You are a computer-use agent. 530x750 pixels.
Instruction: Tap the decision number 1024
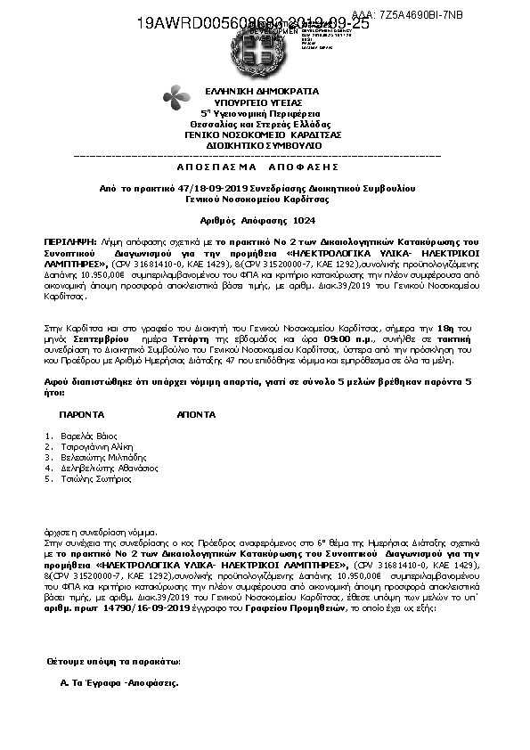(x=304, y=219)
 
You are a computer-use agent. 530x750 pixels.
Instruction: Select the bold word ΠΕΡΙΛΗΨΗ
(x=69, y=241)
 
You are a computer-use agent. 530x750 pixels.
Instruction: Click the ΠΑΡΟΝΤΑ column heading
(x=82, y=415)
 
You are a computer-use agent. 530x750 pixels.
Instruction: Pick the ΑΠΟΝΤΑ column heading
(x=196, y=415)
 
